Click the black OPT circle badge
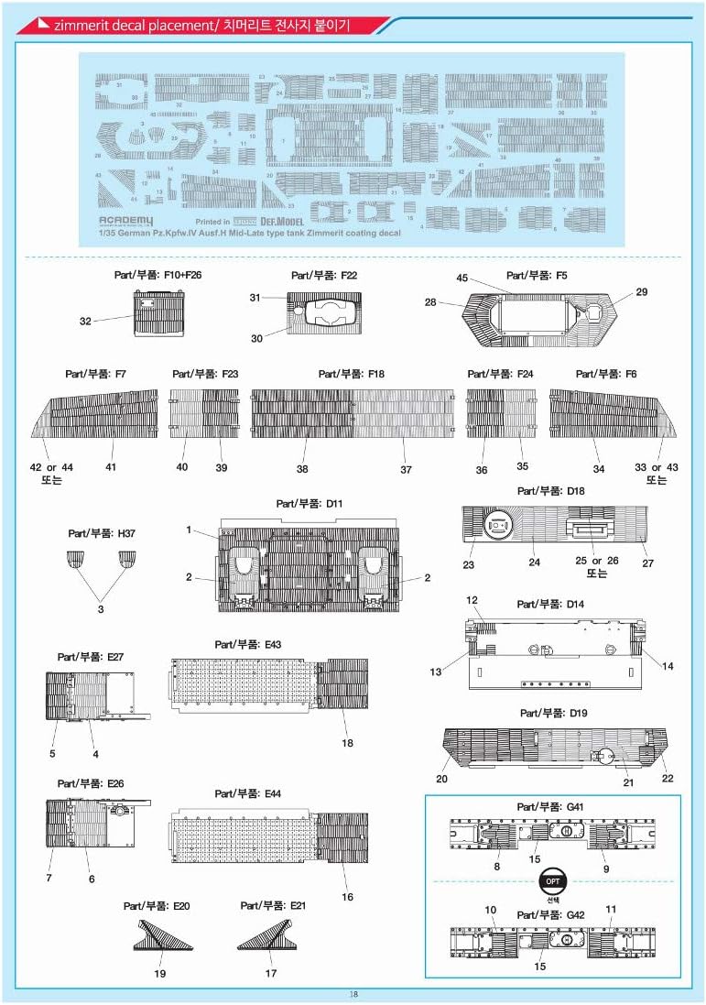[552, 880]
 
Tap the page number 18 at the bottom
[353, 994]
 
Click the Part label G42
[549, 914]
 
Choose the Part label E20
[157, 904]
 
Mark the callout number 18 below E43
[348, 743]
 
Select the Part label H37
[102, 532]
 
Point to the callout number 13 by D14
[436, 672]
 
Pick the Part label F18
[351, 374]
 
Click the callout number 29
[641, 291]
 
